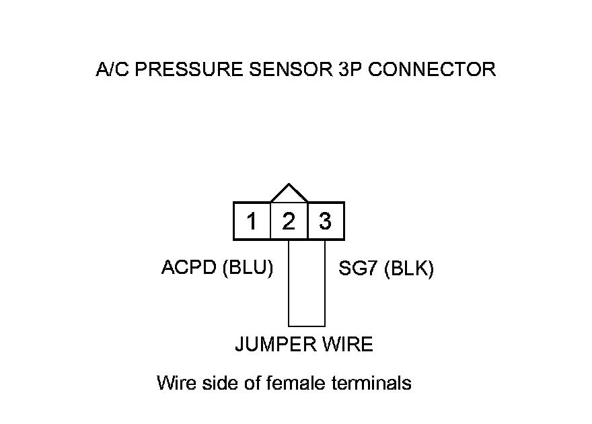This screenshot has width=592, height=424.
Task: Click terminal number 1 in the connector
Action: [x=252, y=221]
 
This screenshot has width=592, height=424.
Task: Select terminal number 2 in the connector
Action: [x=289, y=221]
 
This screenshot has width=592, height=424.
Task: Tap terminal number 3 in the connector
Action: [x=326, y=221]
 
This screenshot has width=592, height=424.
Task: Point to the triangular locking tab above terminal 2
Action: [x=289, y=194]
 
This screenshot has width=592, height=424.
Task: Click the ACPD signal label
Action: [x=188, y=268]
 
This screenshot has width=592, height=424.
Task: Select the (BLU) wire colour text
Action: [x=247, y=268]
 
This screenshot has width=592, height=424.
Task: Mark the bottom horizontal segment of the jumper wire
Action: [x=307, y=326]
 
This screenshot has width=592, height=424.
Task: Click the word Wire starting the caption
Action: [x=177, y=384]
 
